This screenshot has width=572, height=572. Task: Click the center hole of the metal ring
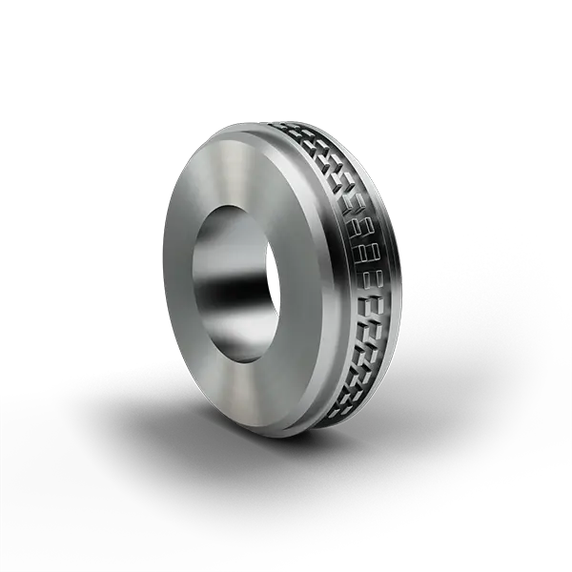coord(235,286)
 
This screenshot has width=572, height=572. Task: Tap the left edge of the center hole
coord(195,286)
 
